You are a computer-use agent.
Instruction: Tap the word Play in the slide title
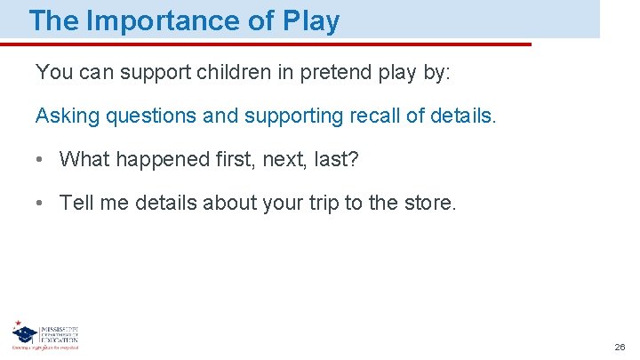click(310, 20)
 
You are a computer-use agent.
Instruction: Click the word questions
click(150, 116)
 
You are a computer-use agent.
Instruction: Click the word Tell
click(76, 203)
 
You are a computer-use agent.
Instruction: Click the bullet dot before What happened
click(41, 160)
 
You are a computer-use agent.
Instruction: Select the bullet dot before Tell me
click(41, 204)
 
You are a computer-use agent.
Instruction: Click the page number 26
click(620, 347)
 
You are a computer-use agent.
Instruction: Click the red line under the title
click(267, 44)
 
